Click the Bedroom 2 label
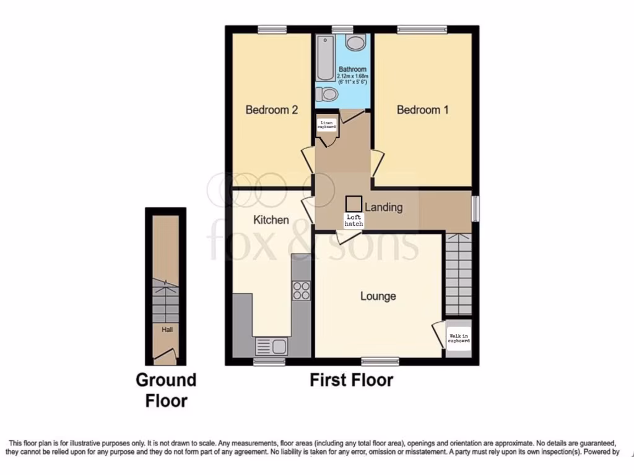tap(272, 110)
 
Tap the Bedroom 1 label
tap(422, 110)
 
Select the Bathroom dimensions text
tap(352, 79)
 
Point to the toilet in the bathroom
tap(328, 94)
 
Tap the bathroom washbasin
tap(355, 42)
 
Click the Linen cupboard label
tap(327, 125)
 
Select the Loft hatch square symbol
tap(354, 203)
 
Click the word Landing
tap(383, 207)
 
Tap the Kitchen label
tap(271, 220)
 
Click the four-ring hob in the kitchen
tap(302, 291)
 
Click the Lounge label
tap(378, 296)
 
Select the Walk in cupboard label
tap(459, 338)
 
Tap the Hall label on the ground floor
tap(167, 330)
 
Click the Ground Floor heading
tap(166, 390)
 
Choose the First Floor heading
tap(351, 380)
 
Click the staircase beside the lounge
tap(458, 276)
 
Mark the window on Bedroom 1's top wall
tap(422, 28)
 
